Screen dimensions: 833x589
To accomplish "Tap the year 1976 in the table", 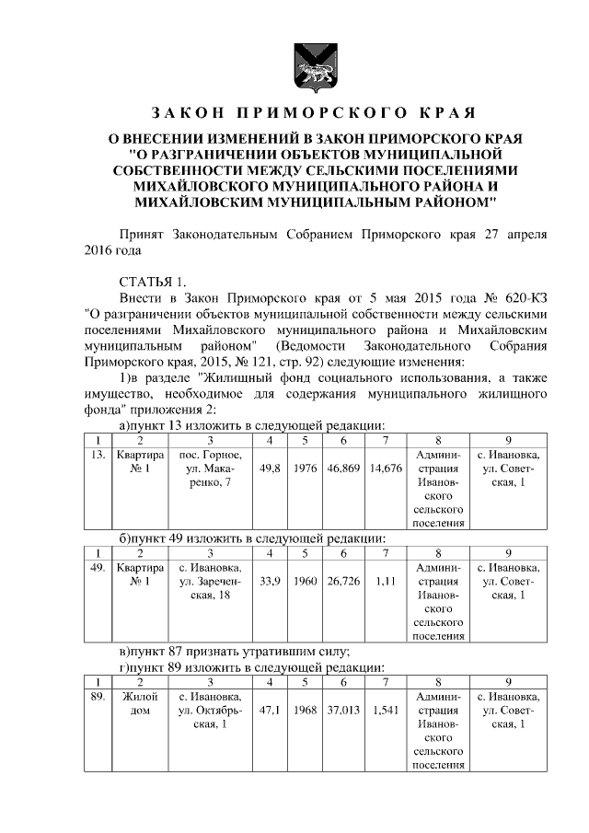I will click(306, 469).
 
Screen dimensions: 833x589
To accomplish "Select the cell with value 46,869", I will click(342, 469).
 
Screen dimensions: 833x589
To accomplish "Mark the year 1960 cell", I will click(306, 581).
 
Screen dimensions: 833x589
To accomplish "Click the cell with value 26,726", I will click(342, 581).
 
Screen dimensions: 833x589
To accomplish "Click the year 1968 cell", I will click(306, 711).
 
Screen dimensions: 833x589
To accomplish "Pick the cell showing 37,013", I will click(342, 711).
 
